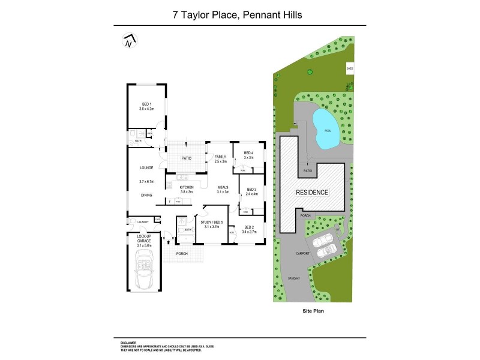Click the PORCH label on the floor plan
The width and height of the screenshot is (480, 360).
(x=182, y=254)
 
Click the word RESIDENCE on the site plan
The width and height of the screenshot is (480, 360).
(x=312, y=193)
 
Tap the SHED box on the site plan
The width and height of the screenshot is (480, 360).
(x=349, y=69)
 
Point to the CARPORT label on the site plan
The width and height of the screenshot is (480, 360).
(x=303, y=253)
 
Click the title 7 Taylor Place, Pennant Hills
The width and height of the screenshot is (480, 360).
(x=240, y=13)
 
